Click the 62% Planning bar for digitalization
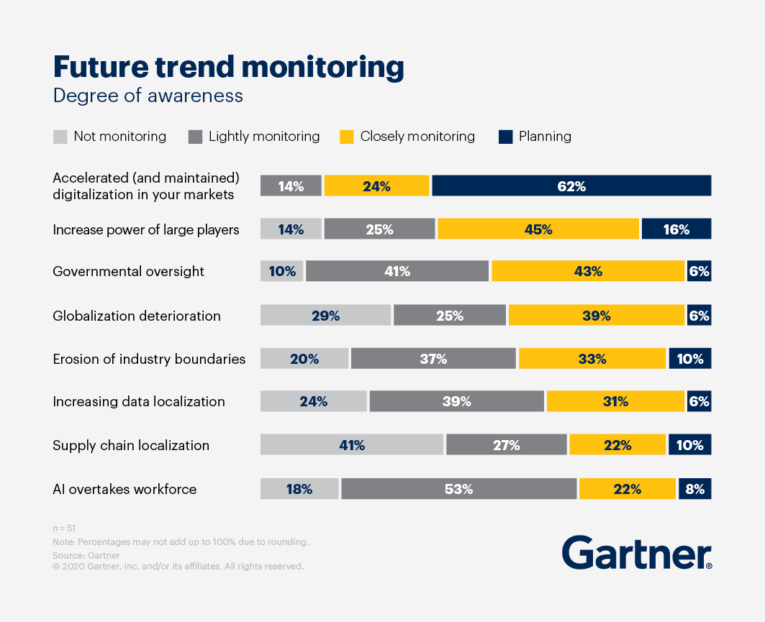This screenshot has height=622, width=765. (571, 186)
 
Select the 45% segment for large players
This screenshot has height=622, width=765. (538, 229)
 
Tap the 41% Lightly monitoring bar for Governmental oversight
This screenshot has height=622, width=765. (397, 271)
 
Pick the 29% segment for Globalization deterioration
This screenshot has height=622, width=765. (325, 315)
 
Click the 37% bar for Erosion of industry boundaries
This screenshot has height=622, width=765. (433, 359)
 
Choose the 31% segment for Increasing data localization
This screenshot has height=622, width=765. (615, 401)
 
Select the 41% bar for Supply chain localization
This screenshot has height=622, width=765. (352, 445)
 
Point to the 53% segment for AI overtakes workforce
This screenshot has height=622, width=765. (458, 489)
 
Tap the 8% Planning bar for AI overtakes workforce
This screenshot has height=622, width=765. (694, 489)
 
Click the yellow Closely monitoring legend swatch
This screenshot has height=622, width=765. (347, 137)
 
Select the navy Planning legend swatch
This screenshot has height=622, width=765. (506, 137)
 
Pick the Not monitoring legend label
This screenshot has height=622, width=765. (119, 137)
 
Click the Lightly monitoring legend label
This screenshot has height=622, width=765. (264, 137)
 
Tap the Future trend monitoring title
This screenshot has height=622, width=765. (228, 67)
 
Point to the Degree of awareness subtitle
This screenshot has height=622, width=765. (148, 96)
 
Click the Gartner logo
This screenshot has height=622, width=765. (636, 553)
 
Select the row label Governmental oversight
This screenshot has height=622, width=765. (128, 272)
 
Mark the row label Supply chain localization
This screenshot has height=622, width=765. (131, 446)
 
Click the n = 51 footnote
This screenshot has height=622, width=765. (64, 529)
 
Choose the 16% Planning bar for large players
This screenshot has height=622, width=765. (676, 229)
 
